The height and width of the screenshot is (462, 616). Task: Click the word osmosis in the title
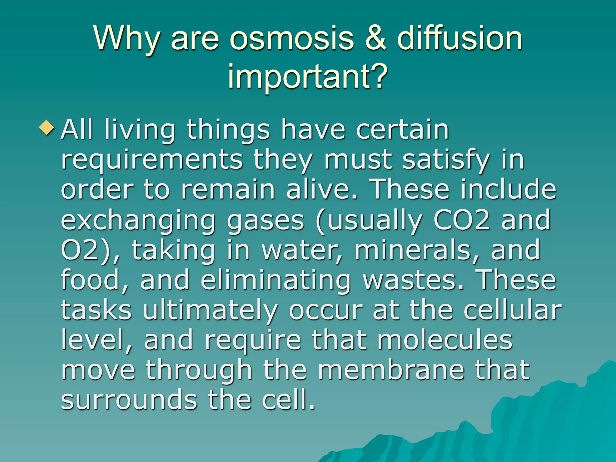(x=292, y=38)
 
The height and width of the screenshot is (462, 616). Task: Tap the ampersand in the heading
(x=375, y=38)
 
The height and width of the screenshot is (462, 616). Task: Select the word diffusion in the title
(x=460, y=38)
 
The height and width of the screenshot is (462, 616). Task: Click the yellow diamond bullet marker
(x=47, y=128)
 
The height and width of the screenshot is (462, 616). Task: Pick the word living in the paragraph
(x=140, y=131)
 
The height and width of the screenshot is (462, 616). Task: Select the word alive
(x=322, y=190)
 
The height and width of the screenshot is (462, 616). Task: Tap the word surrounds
(x=129, y=400)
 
